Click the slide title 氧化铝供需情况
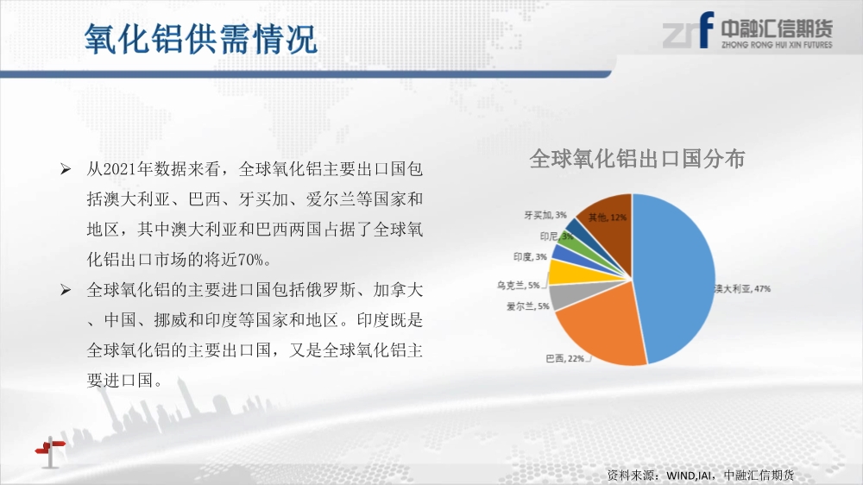coord(201,39)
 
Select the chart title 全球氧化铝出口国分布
coord(637,159)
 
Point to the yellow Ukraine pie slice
coord(572,273)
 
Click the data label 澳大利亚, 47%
coord(742,288)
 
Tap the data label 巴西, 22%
coord(564,358)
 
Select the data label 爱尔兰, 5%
coord(527,306)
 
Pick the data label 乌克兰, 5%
coord(518,285)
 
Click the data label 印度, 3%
coord(530,256)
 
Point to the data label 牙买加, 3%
coord(545,215)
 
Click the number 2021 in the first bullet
coord(119,169)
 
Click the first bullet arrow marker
coord(66,169)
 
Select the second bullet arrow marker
coord(66,290)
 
